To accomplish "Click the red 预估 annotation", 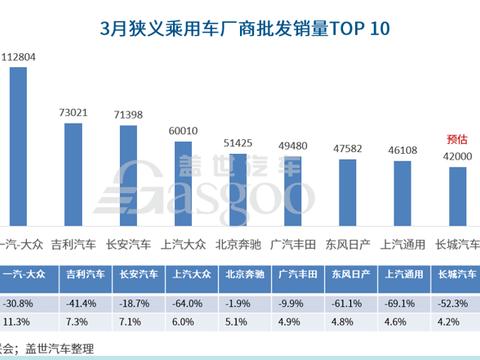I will pyautogui.click(x=456, y=138).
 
